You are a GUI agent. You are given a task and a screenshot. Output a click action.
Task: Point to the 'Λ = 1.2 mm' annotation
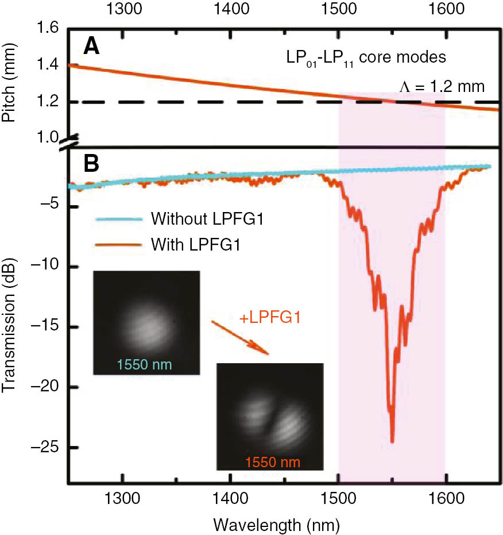(442, 86)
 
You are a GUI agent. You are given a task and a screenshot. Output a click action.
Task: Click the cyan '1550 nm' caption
(146, 364)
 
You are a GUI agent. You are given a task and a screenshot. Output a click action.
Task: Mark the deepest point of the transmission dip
(392, 441)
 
